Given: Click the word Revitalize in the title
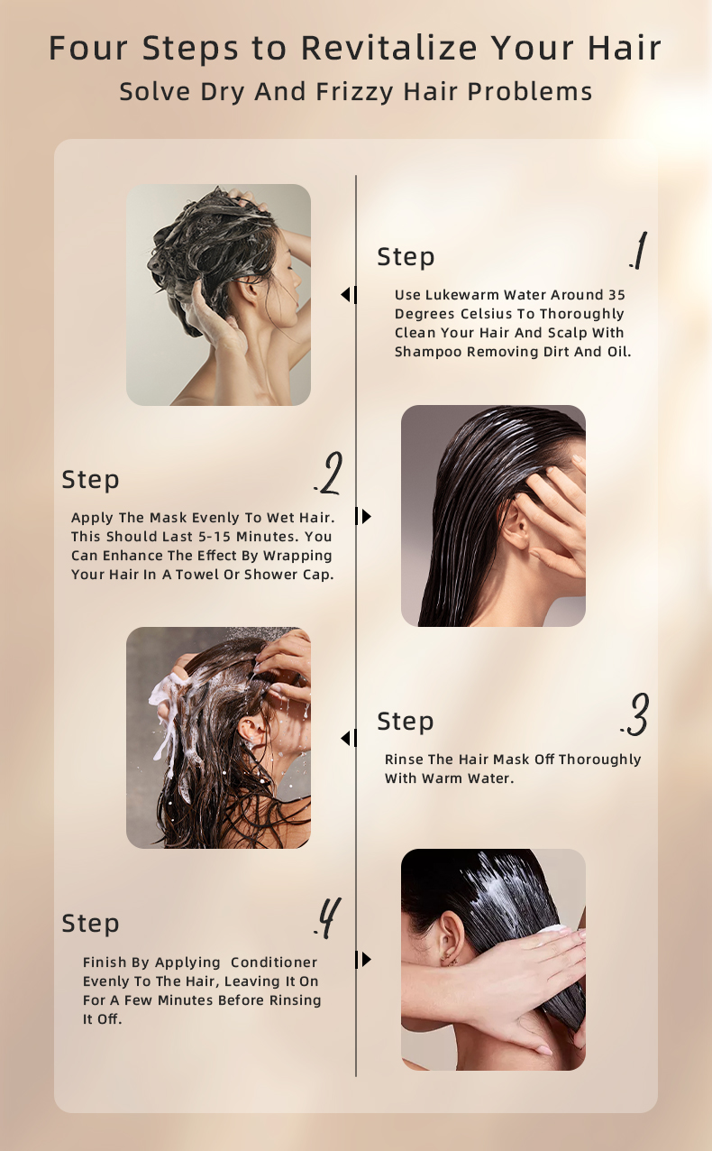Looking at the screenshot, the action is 389,49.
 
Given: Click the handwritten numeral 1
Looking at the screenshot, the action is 639,250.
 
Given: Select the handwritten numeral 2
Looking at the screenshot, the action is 329,474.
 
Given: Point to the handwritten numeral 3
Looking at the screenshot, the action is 635,714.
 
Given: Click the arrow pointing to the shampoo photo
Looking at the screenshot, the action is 349,295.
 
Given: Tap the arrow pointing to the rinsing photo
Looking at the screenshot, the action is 349,738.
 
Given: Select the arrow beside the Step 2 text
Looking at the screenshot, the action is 363,516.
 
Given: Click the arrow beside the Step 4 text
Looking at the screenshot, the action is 363,960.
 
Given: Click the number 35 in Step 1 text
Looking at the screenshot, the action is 616,295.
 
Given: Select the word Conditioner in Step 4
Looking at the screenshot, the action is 274,962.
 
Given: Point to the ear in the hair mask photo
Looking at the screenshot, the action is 516,525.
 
